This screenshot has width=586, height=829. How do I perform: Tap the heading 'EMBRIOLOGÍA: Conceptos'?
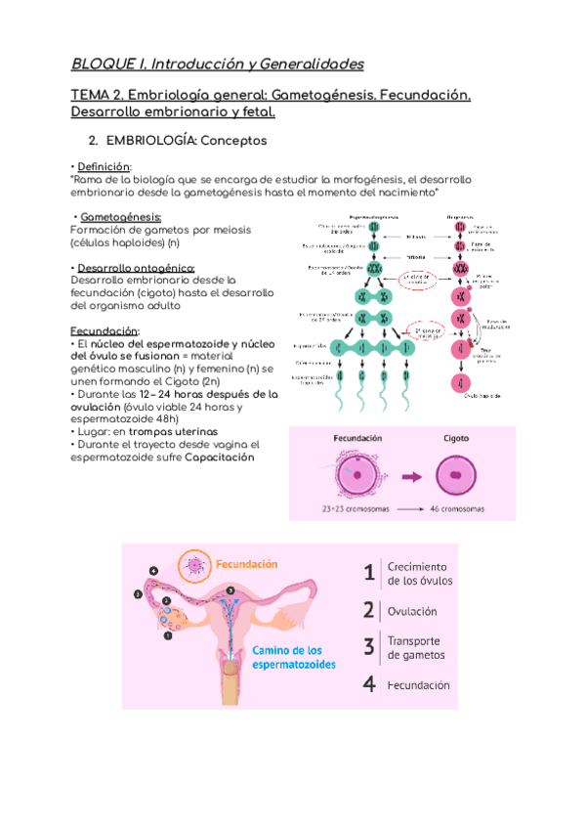point(185,141)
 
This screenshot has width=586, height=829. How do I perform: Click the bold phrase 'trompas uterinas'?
point(172,431)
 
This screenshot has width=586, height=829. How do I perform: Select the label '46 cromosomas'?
point(457,509)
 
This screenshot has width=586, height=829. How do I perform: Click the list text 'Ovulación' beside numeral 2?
point(412,611)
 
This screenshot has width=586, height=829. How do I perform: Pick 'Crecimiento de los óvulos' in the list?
point(418,574)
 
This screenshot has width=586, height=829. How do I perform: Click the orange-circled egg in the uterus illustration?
point(196,564)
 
